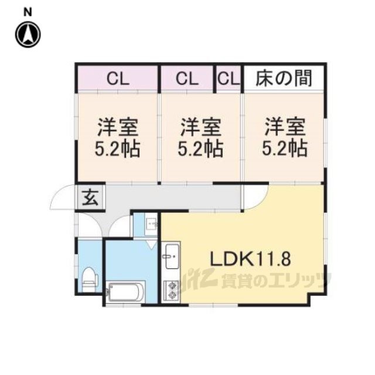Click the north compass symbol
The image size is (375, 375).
[28, 35]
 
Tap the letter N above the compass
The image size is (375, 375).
[28, 12]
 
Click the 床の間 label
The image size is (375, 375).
[284, 78]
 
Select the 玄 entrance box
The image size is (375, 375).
[90, 197]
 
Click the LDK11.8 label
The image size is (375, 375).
[250, 259]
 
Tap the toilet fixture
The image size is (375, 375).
[90, 279]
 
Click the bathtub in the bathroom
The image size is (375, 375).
[126, 292]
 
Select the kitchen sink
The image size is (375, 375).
[172, 257]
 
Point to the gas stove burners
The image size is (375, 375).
[172, 291]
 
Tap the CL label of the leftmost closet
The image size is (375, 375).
[118, 79]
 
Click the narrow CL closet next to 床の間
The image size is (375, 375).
[229, 79]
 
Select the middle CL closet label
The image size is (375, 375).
[187, 79]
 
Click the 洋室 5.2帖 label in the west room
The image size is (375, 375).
[117, 138]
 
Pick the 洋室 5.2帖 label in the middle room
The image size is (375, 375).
[200, 138]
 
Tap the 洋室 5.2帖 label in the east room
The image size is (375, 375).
[285, 138]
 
